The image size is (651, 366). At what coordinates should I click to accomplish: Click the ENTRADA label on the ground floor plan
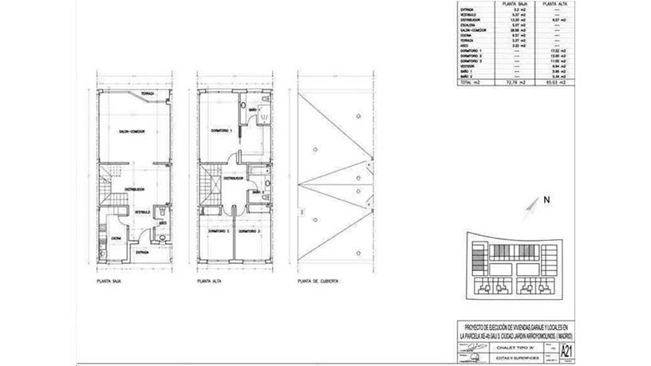pos(143,252)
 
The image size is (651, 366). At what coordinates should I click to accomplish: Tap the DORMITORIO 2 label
pos(218,231)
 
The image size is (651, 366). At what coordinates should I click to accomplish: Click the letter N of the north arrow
pos(546,199)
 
